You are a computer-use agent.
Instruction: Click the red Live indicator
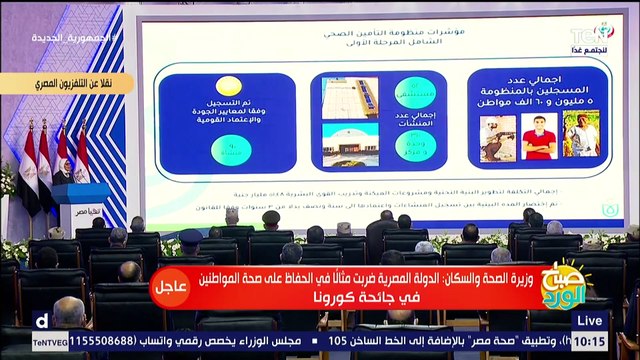(x=591, y=321)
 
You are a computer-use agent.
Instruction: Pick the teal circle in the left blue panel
(x=231, y=149)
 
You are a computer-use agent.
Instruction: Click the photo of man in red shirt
(x=540, y=136)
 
